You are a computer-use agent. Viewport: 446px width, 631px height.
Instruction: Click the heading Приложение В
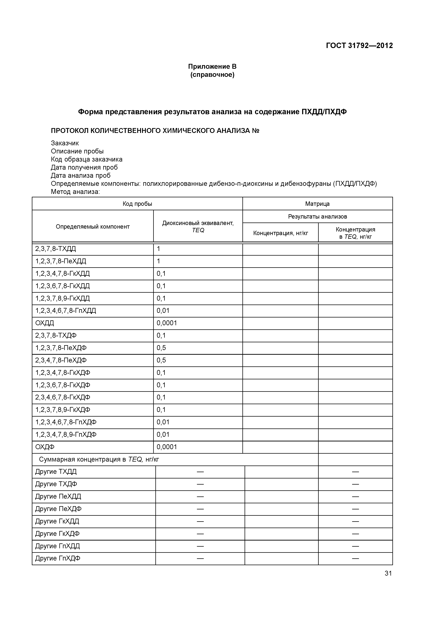[212, 67]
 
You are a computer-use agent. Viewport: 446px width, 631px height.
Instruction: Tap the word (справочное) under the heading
[212, 75]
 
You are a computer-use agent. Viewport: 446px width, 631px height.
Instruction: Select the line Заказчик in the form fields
[65, 143]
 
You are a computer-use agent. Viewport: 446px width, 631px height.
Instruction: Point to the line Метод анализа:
[75, 192]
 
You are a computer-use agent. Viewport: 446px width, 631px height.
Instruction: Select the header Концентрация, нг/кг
[280, 233]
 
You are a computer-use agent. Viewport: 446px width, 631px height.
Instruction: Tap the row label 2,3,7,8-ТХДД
[56, 249]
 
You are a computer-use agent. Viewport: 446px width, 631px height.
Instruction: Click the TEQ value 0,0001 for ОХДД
[167, 323]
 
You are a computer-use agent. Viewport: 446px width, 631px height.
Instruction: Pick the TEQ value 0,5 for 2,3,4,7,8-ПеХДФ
[161, 360]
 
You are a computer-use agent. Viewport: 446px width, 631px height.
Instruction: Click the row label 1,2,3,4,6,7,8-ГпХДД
[65, 310]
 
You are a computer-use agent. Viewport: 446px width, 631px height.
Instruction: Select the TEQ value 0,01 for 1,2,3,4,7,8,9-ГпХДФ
[163, 435]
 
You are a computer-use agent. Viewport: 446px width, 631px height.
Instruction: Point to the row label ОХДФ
[45, 447]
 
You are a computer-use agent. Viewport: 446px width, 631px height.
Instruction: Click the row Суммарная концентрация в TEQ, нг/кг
[99, 460]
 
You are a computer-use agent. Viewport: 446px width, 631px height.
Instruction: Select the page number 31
[388, 573]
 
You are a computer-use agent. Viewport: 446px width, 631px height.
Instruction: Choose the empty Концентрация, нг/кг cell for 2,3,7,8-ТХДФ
[280, 336]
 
